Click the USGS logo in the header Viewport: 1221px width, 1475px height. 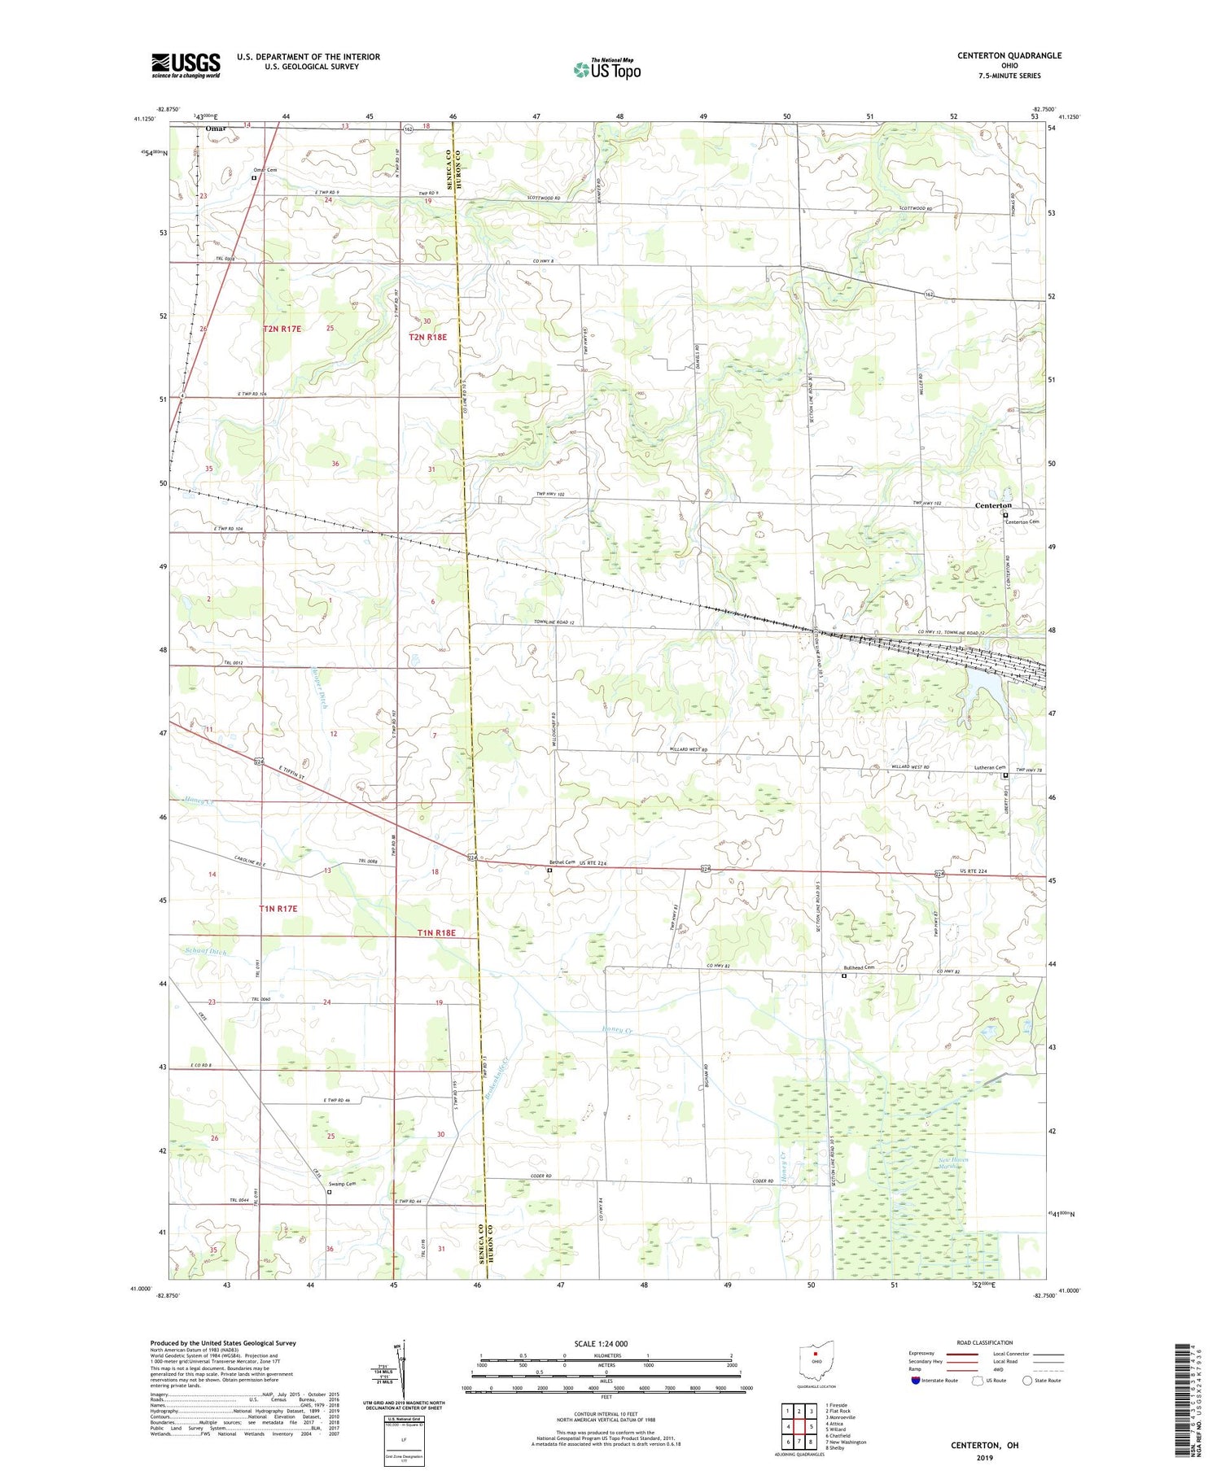click(186, 65)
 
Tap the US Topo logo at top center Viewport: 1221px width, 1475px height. click(606, 70)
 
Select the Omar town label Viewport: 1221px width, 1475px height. click(216, 129)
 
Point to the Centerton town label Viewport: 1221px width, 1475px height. click(993, 505)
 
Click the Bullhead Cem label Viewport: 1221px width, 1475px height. click(859, 967)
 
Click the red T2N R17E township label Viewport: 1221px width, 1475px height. click(282, 329)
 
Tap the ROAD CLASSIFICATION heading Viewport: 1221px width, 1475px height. click(985, 1342)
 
